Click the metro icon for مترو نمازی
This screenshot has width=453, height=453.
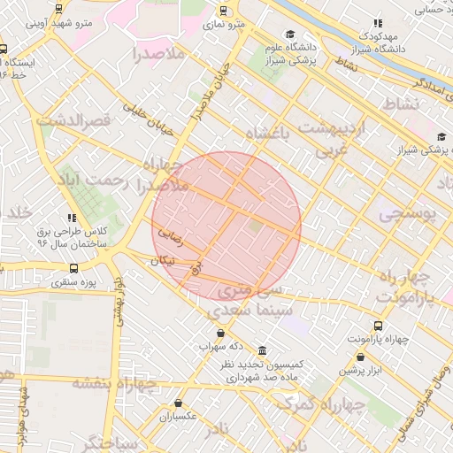(222, 11)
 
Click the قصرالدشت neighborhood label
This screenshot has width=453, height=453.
(73, 119)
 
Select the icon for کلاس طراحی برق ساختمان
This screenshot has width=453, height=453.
(71, 217)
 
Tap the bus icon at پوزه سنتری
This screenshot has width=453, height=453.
(73, 268)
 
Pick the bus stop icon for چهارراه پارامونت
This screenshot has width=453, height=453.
(379, 326)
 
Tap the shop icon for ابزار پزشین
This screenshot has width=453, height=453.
(360, 357)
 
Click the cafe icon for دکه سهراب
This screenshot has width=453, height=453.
(206, 332)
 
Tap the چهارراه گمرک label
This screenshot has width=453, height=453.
(320, 404)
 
